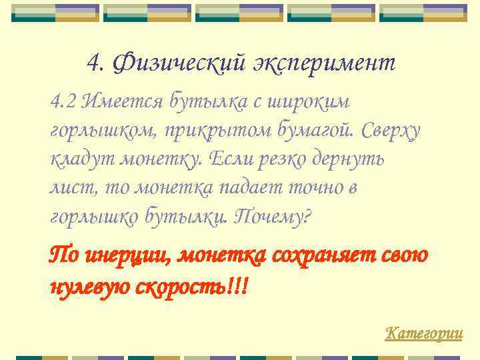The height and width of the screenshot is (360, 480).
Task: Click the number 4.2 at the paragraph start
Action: pos(64,102)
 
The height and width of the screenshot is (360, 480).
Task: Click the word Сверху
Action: pos(392,131)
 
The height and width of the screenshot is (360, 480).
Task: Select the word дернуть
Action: pos(362,160)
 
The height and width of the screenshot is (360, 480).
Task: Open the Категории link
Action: pos(424,332)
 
